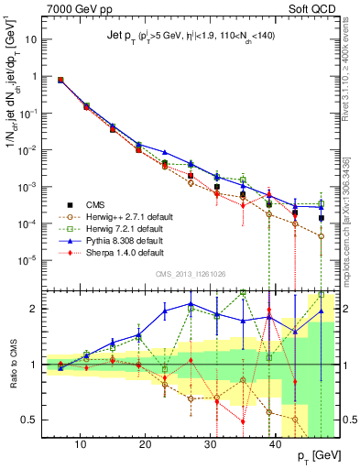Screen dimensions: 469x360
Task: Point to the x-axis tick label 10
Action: coord(82,444)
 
